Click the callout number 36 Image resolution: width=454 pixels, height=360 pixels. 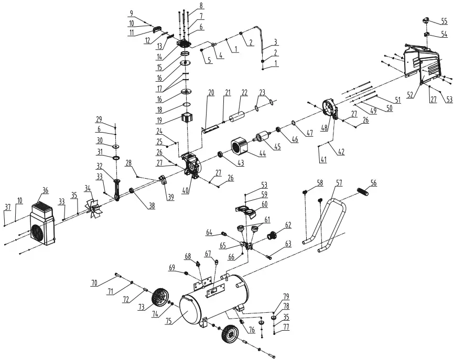pos(45,190)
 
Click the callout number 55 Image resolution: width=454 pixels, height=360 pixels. pos(444,21)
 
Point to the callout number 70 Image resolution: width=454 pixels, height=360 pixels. pos(94,283)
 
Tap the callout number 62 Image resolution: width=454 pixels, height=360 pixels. pos(287,225)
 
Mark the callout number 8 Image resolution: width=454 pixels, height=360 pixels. pos(200,6)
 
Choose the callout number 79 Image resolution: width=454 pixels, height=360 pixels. pos(286,296)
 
